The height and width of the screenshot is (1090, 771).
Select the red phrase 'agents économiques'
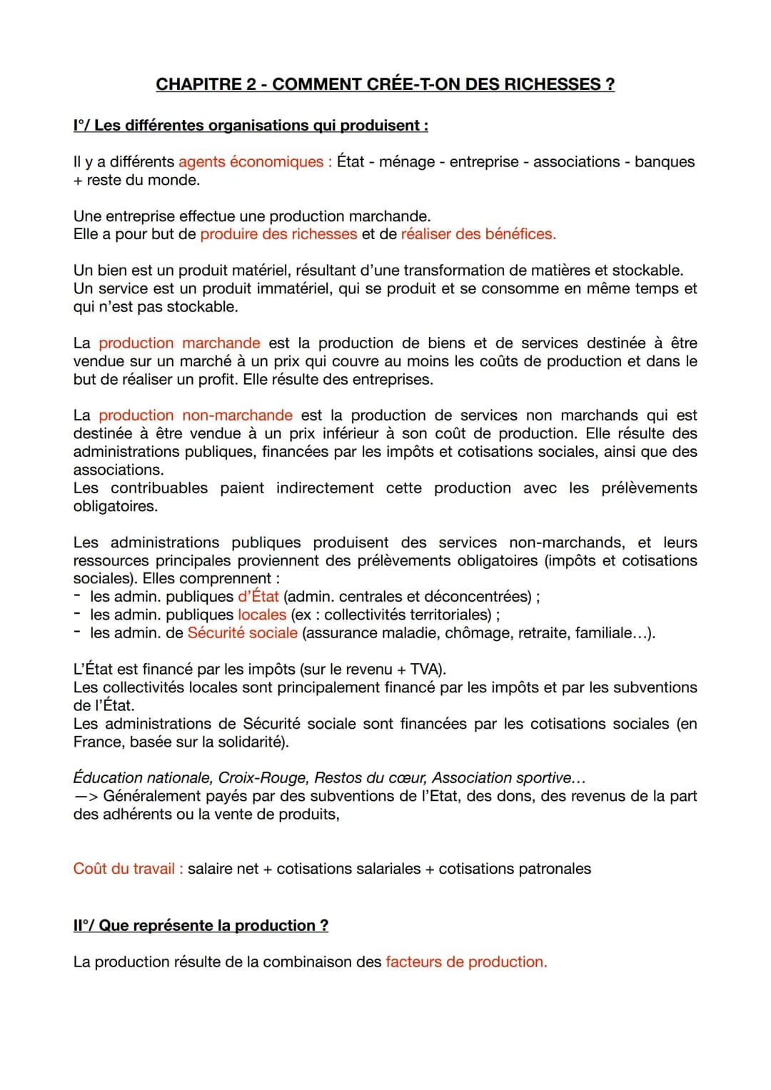pyautogui.click(x=251, y=162)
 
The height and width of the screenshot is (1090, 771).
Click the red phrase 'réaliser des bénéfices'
pyautogui.click(x=478, y=234)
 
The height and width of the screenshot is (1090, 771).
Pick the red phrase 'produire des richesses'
pyautogui.click(x=278, y=234)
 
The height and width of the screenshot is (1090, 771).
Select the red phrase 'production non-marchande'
pyautogui.click(x=195, y=415)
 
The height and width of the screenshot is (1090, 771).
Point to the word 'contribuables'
pyautogui.click(x=159, y=488)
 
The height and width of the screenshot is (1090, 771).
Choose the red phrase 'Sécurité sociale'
pyautogui.click(x=242, y=633)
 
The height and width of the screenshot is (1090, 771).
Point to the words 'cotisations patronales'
pyautogui.click(x=515, y=869)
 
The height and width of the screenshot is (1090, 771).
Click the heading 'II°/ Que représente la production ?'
pyautogui.click(x=201, y=926)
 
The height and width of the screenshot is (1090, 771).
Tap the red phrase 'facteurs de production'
pyautogui.click(x=465, y=962)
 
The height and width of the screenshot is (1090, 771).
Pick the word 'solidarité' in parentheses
pyautogui.click(x=246, y=742)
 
